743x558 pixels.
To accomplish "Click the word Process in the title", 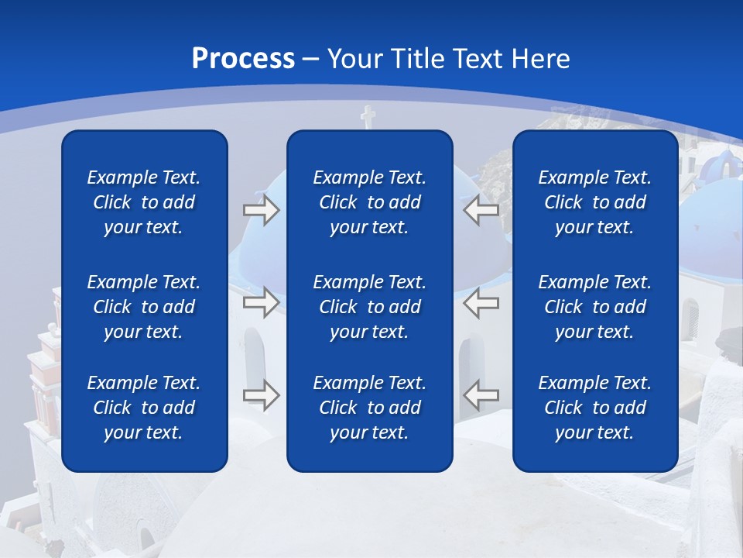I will (243, 59).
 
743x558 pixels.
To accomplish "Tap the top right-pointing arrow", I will (261, 210).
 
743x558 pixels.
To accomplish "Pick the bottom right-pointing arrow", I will (261, 395).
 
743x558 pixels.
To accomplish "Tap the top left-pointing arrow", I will (481, 210).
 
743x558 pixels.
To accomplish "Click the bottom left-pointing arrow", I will (481, 395).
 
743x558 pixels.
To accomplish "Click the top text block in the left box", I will (144, 202).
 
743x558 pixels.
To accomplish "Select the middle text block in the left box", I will (144, 307).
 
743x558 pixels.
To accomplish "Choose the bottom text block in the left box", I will (144, 408).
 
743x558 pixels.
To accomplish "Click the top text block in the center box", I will (369, 202).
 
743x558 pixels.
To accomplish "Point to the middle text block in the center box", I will (369, 307).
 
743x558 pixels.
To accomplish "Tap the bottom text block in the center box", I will (369, 408).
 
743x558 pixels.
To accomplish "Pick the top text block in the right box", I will (594, 202).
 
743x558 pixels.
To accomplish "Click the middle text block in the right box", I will (594, 307).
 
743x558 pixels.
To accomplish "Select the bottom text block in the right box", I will (594, 408).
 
